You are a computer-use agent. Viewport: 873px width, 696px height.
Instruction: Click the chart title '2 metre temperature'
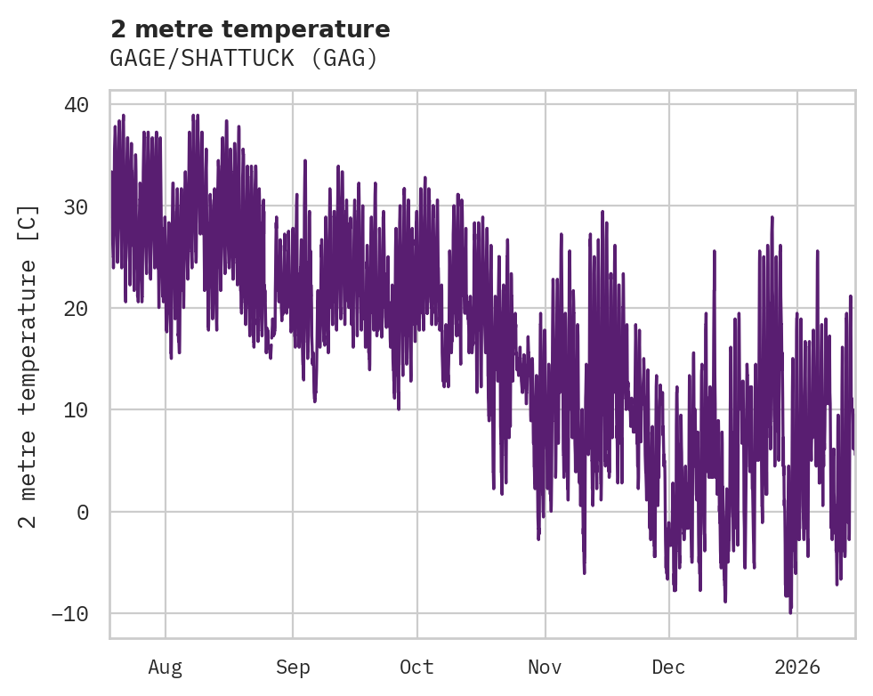250,29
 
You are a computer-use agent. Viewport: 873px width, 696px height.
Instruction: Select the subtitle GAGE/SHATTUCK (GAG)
244,59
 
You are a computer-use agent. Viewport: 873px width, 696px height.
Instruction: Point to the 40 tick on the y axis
77,105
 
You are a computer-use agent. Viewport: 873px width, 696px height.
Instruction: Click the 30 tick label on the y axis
77,206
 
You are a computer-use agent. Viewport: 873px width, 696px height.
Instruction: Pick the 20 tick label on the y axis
77,308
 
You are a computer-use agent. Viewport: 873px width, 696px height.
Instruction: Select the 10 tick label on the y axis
77,410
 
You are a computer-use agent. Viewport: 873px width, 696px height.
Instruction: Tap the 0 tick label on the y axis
83,512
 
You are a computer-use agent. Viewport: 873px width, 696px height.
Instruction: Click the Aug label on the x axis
165,668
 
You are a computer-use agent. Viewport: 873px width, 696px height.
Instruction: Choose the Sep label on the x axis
292,668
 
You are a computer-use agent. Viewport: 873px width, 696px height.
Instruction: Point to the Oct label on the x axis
416,668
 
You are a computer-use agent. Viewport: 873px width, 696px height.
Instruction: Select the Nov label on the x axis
545,668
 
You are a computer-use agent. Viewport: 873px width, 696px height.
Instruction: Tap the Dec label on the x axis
668,668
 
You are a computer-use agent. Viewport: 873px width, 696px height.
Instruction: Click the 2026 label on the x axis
797,668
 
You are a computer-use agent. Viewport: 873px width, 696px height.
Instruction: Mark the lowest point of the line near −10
789,612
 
